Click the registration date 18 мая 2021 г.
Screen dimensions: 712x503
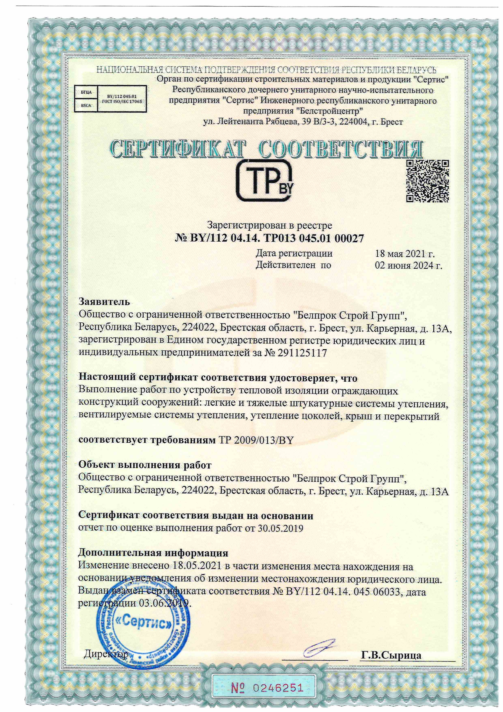tap(405, 254)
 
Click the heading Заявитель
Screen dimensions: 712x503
tap(104, 302)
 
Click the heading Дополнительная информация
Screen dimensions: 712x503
tap(153, 553)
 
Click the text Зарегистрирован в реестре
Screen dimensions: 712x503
tap(269, 225)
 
